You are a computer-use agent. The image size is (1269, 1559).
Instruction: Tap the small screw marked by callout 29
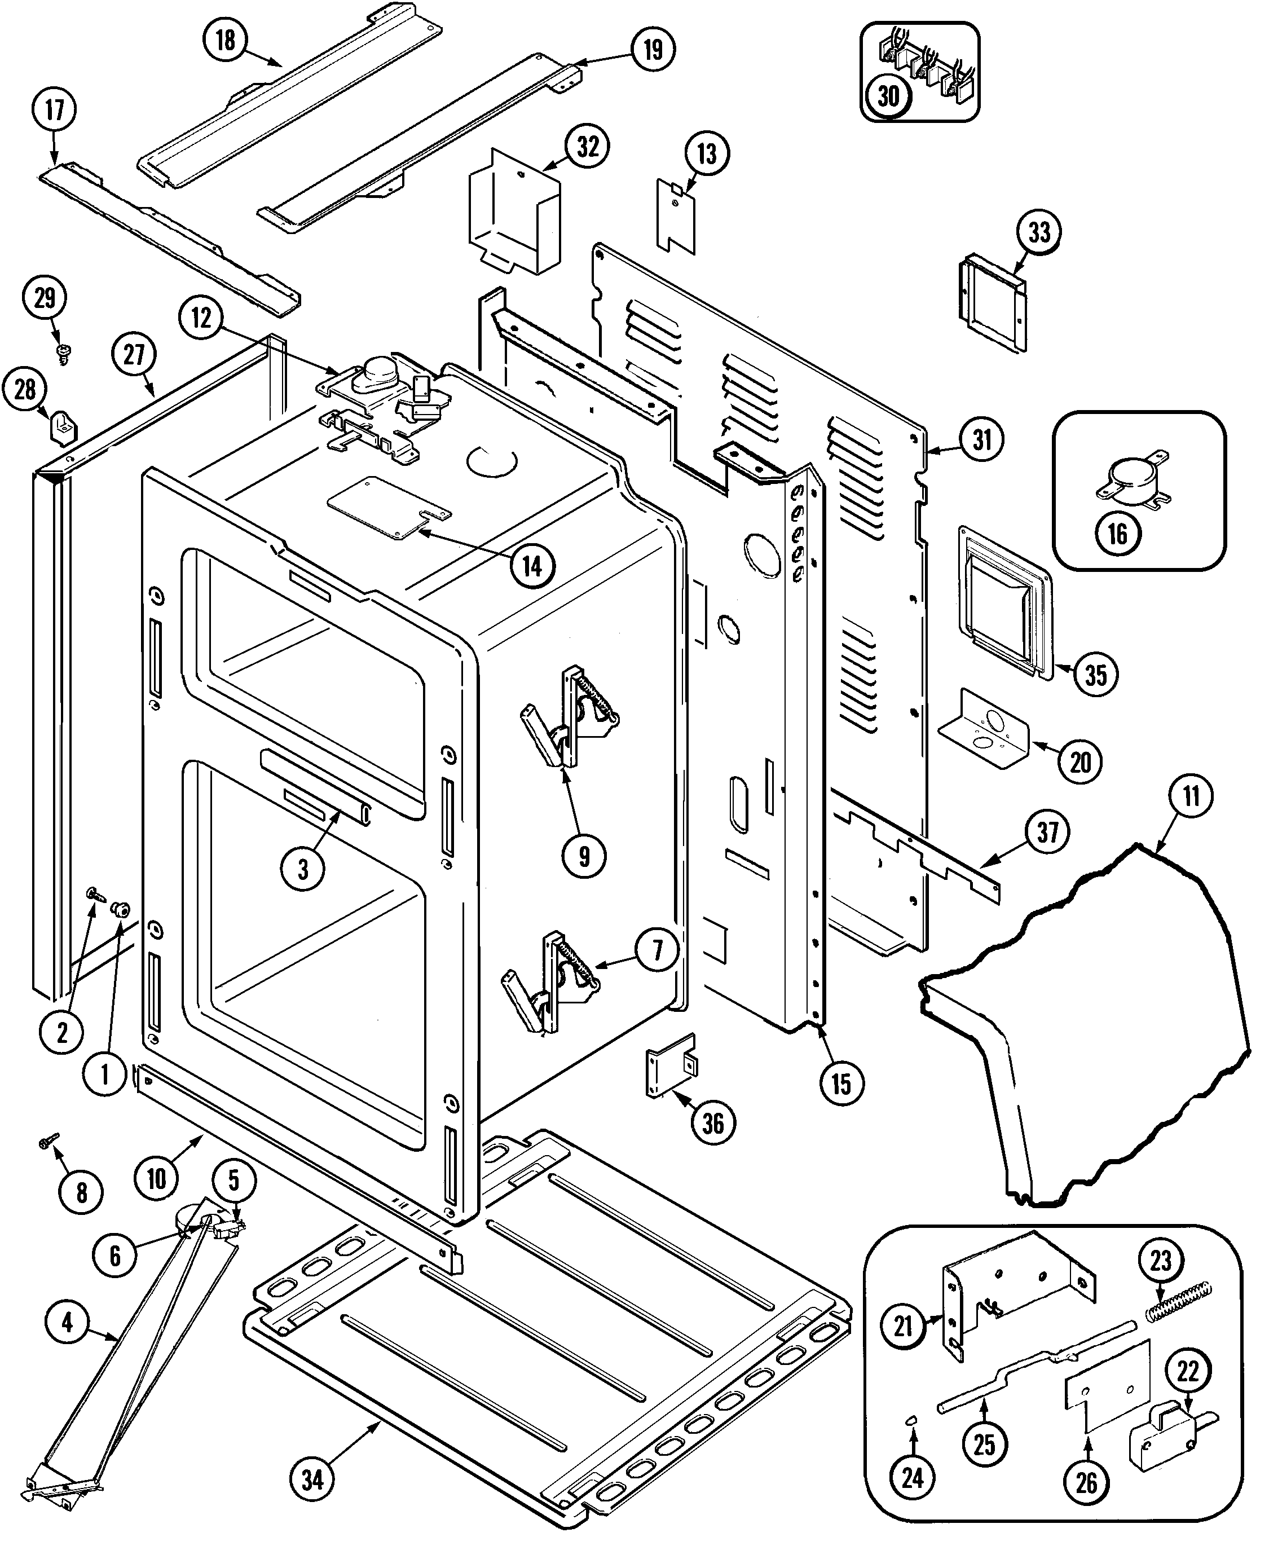tap(63, 354)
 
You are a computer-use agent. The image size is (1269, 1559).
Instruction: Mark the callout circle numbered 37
tap(1047, 832)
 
